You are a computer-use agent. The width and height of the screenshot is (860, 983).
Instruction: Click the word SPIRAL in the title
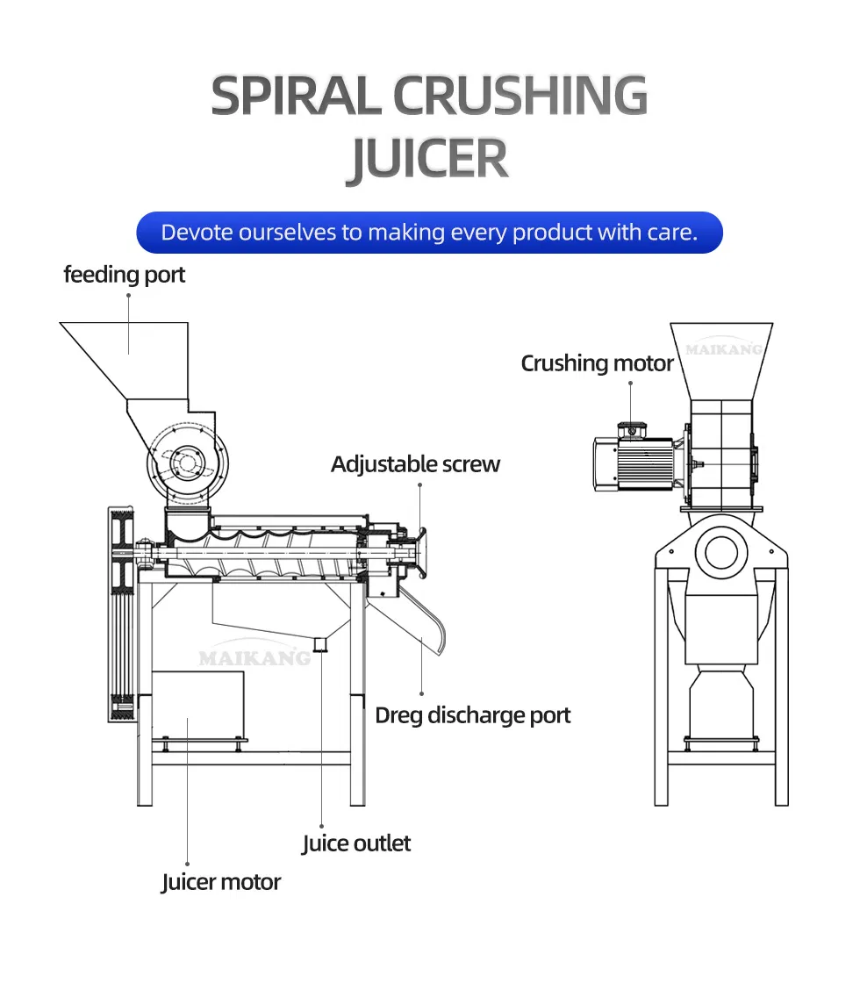pyautogui.click(x=295, y=97)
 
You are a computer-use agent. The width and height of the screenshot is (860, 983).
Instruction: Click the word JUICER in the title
pyautogui.click(x=429, y=160)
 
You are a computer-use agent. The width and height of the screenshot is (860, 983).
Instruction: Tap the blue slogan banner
pyautogui.click(x=429, y=233)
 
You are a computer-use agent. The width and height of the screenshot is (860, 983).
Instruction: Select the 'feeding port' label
pyautogui.click(x=125, y=275)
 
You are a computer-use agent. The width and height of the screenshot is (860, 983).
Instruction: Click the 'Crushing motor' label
pyautogui.click(x=597, y=363)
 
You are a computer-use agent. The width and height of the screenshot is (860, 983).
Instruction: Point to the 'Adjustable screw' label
pyautogui.click(x=415, y=464)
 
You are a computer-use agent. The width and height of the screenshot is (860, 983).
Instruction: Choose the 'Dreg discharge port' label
pyautogui.click(x=472, y=715)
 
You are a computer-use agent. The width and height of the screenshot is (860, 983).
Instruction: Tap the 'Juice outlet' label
pyautogui.click(x=356, y=844)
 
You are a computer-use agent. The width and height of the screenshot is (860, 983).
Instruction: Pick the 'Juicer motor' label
pyautogui.click(x=221, y=882)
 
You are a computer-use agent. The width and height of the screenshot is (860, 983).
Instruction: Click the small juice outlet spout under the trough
pyautogui.click(x=321, y=646)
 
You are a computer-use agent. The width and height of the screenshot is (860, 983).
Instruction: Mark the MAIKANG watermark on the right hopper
pyautogui.click(x=724, y=349)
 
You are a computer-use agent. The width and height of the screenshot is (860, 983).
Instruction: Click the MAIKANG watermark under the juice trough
pyautogui.click(x=254, y=657)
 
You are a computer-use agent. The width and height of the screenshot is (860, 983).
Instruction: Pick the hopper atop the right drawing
pyautogui.click(x=721, y=360)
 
